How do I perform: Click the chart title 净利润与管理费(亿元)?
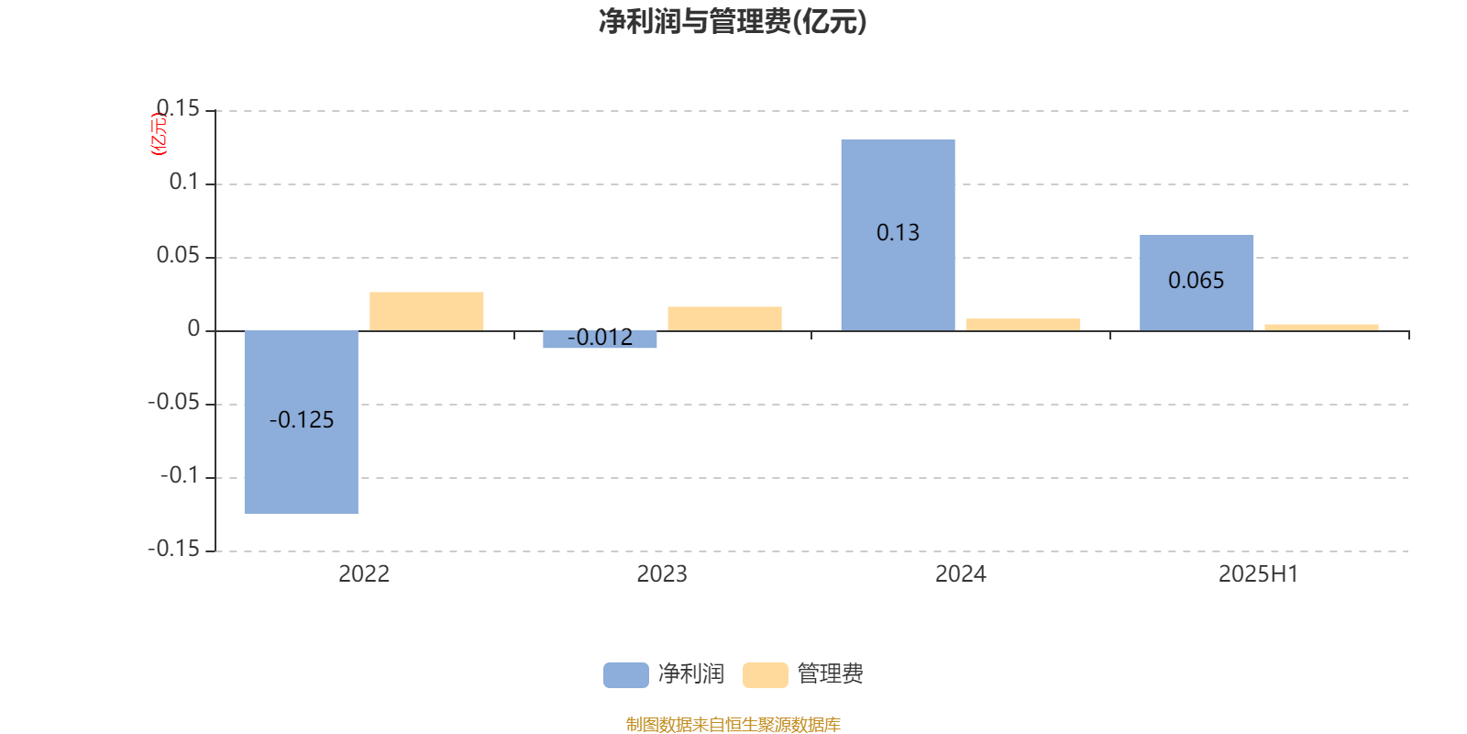click(733, 22)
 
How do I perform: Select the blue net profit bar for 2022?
click(302, 422)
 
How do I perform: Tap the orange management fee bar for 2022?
click(426, 311)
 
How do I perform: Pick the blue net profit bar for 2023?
click(600, 339)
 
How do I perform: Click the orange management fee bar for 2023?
click(725, 318)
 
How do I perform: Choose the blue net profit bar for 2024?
click(898, 235)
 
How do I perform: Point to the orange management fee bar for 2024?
click(1023, 325)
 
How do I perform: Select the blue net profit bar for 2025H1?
click(1197, 284)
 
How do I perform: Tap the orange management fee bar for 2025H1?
click(1321, 328)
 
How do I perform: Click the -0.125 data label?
click(302, 419)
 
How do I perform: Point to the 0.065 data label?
click(1196, 281)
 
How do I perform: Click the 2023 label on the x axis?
click(662, 574)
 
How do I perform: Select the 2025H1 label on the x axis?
click(1258, 574)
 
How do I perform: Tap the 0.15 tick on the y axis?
click(178, 108)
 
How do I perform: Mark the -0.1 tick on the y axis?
click(180, 475)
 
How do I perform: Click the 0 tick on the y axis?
click(193, 328)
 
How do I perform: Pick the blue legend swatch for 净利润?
click(626, 675)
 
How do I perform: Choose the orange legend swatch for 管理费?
click(765, 675)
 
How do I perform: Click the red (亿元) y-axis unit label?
click(159, 134)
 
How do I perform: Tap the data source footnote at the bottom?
click(733, 724)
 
